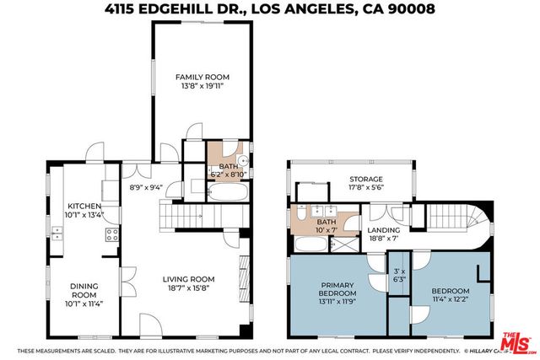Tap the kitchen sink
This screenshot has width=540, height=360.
(56, 235)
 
